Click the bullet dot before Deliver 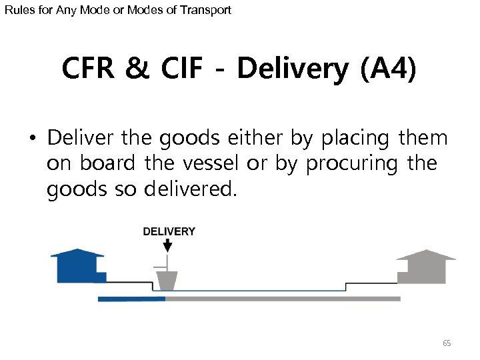coord(32,140)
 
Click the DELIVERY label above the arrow coord(169,231)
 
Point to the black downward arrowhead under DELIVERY coord(167,247)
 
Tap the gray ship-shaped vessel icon coord(166,280)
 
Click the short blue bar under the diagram coord(131,299)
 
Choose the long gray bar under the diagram coord(283,299)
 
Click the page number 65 coord(447,343)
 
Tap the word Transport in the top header coord(207,10)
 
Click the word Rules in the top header coord(18,10)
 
